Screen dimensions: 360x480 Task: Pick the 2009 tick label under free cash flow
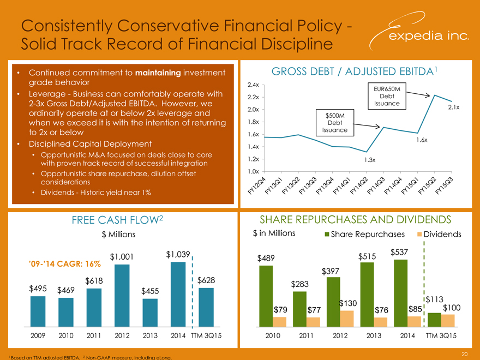coord(38,336)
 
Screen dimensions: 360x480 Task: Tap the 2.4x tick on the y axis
coord(253,85)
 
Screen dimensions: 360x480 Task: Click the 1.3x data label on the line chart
coord(370,160)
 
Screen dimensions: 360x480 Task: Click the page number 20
coord(463,353)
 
